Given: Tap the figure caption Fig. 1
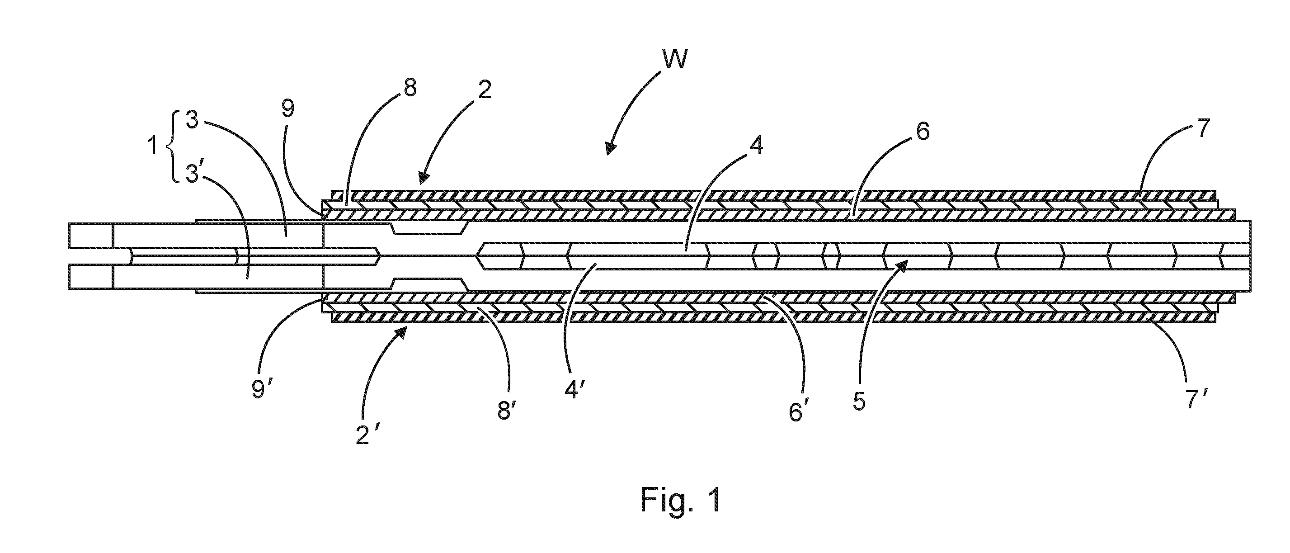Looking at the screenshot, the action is point(681,499).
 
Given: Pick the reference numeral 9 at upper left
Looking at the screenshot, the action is point(288,109).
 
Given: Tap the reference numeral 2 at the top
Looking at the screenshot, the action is point(484,90).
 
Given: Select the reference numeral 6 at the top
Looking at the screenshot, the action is point(922,131).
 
